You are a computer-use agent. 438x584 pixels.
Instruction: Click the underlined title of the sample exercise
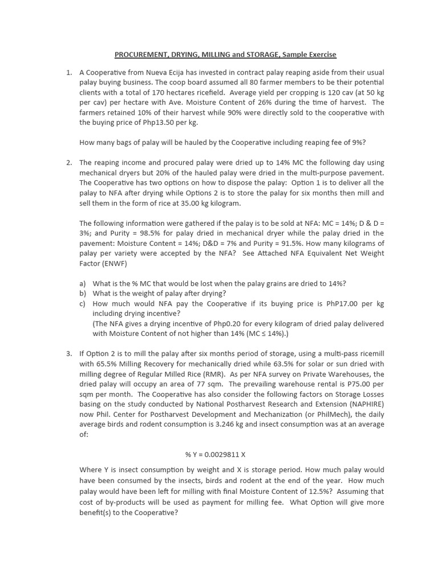click(x=225, y=55)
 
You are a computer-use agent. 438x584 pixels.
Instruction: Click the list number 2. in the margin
click(x=68, y=163)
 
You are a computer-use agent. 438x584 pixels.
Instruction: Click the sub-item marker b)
click(x=83, y=293)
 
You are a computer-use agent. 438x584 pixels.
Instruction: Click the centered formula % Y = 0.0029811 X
click(x=215, y=455)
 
